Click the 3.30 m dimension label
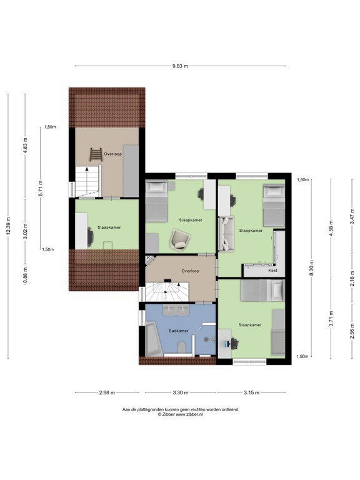pos(180,393)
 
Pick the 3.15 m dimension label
pos(252,393)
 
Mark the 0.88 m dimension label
pos(25,275)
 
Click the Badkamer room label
pos(177,330)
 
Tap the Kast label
pos(272,271)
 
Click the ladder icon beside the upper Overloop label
pos(95,153)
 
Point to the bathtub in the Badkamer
pos(153,341)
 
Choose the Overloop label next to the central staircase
pos(190,271)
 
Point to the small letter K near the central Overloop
pos(148,257)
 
